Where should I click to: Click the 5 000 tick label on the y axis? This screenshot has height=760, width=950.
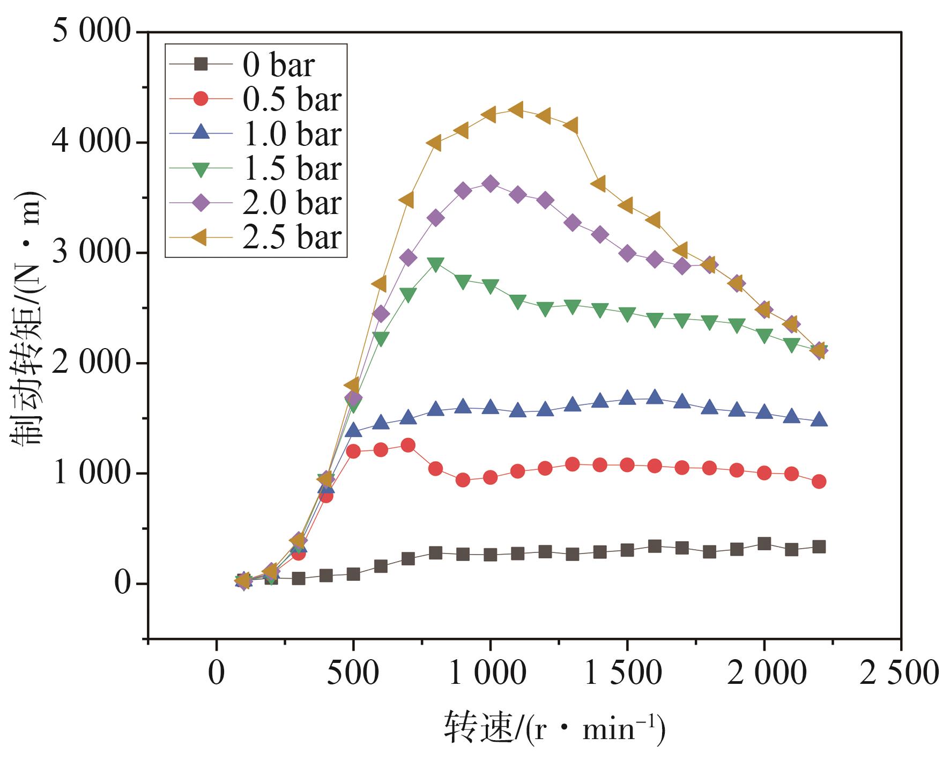tap(92, 31)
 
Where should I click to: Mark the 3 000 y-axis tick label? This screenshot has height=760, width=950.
tap(92, 252)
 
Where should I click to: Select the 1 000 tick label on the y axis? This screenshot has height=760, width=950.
tap(92, 473)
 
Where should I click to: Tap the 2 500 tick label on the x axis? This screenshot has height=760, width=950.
tap(900, 672)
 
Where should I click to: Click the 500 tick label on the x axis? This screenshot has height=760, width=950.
tap(353, 672)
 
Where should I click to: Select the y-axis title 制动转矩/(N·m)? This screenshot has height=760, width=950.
tap(27, 319)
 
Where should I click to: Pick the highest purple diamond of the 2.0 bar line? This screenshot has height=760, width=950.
tap(490, 184)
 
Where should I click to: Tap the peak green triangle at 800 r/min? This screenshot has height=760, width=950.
tap(435, 264)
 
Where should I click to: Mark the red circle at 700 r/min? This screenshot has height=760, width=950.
tap(408, 445)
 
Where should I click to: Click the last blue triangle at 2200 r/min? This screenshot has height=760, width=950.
tap(819, 420)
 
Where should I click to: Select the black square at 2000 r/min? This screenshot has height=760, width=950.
tap(764, 544)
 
